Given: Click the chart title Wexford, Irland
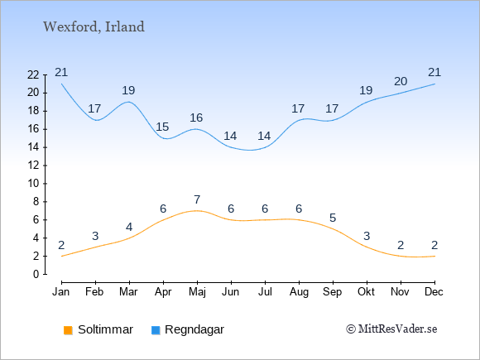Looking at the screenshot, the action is coord(94,27).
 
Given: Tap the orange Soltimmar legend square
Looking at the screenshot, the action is coord(68,330).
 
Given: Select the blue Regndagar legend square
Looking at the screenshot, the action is coord(156,330).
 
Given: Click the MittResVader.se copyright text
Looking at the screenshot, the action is coord(391,329).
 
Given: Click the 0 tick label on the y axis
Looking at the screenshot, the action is coord(36,274).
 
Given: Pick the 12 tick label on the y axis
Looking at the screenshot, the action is coord(33,166).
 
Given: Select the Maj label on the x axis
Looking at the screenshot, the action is coord(197,292).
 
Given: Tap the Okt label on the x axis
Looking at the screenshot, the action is coord(366,292).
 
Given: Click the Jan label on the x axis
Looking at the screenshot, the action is coord(61,292).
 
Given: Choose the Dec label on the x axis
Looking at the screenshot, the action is coord(434,292).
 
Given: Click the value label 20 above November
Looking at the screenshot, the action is coord(401,81).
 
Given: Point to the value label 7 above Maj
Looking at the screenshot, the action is coord(197,199).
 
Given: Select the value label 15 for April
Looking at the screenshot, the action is coord(162,127).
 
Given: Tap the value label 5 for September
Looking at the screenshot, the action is coord(333,218).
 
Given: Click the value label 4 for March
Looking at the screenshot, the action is coord(129,227).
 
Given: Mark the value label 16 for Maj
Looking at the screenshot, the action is coord(196,118).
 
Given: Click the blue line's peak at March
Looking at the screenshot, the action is coord(129,102).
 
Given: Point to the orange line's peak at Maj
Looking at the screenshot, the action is coord(197,210).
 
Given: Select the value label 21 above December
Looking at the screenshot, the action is coord(434,72).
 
